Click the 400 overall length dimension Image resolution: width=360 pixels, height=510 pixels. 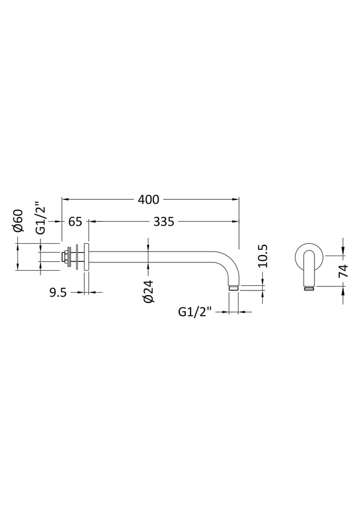point(148,199)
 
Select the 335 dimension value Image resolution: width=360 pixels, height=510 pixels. point(164,222)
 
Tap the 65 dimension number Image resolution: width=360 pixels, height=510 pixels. point(75,222)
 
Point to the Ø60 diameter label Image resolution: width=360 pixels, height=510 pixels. point(19,221)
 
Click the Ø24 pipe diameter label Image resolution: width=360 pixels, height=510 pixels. point(148,291)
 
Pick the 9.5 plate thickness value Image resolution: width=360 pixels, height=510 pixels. point(58,293)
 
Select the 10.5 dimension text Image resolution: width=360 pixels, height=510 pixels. point(263,256)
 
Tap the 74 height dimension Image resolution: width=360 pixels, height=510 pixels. point(343,271)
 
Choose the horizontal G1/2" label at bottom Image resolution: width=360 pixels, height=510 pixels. point(195,312)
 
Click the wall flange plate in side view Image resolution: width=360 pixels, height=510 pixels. point(86,256)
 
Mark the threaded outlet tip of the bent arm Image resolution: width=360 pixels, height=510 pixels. point(233,288)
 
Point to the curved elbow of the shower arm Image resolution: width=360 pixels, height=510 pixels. point(231,264)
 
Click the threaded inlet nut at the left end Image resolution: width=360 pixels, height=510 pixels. point(65,256)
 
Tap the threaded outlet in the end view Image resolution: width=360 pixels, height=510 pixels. point(310,288)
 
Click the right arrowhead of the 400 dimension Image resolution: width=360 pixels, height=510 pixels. point(236,199)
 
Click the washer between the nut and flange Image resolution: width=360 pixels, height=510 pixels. point(76,256)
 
